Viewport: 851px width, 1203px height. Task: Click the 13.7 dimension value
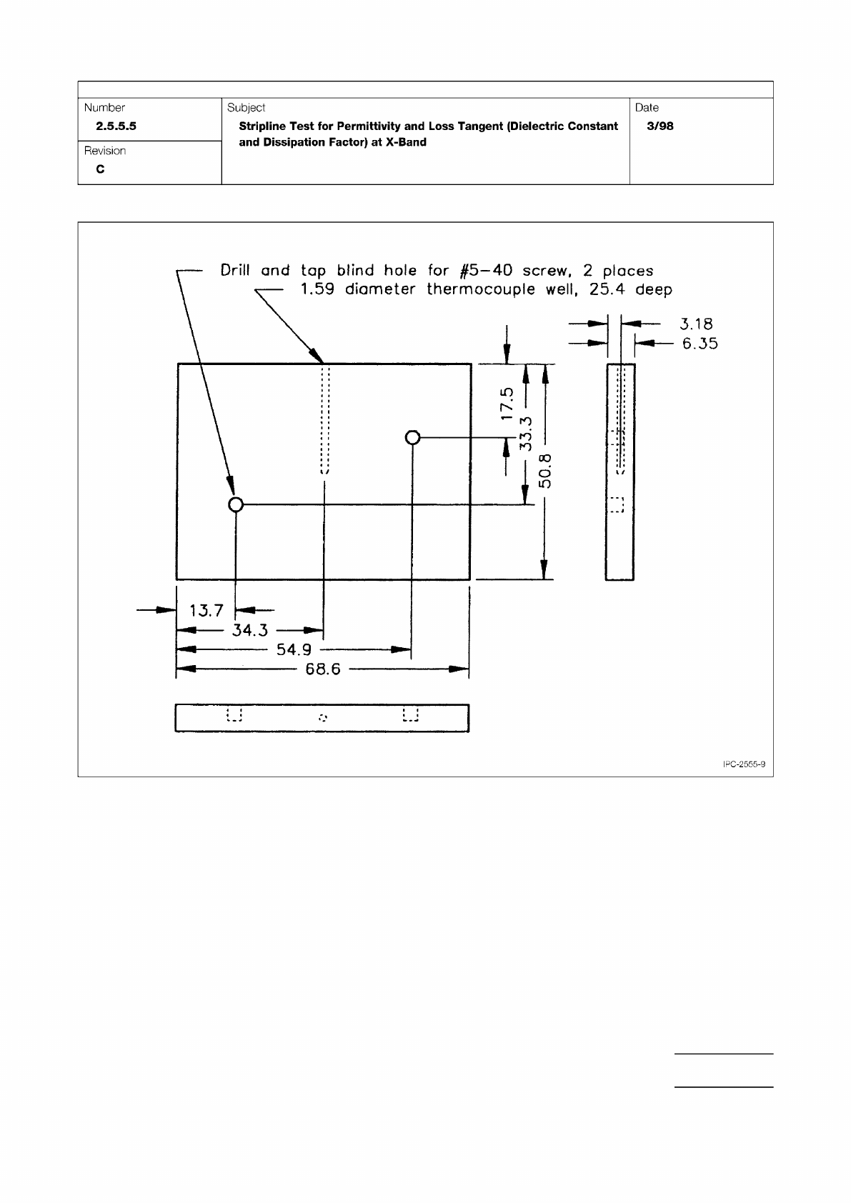coord(206,610)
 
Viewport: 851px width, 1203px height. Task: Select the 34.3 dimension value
coord(249,630)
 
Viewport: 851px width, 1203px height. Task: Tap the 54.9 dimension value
coord(294,649)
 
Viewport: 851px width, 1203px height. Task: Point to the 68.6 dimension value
coord(323,670)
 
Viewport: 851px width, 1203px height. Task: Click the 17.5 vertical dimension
coord(507,403)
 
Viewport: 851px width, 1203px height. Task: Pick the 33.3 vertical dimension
coord(525,434)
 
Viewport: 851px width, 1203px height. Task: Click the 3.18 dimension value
coord(696,324)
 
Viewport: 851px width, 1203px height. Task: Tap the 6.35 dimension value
coord(700,344)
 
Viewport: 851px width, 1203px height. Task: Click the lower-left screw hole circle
coord(236,505)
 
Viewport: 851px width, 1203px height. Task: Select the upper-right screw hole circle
coord(412,437)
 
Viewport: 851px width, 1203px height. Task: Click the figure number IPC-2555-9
coord(744,764)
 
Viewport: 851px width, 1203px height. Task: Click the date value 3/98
coord(660,126)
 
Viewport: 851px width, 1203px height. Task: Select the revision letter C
coord(100,169)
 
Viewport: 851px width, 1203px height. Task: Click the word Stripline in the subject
coord(262,126)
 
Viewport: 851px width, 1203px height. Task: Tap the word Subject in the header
coord(246,108)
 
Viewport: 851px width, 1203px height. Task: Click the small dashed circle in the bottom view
coord(323,717)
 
